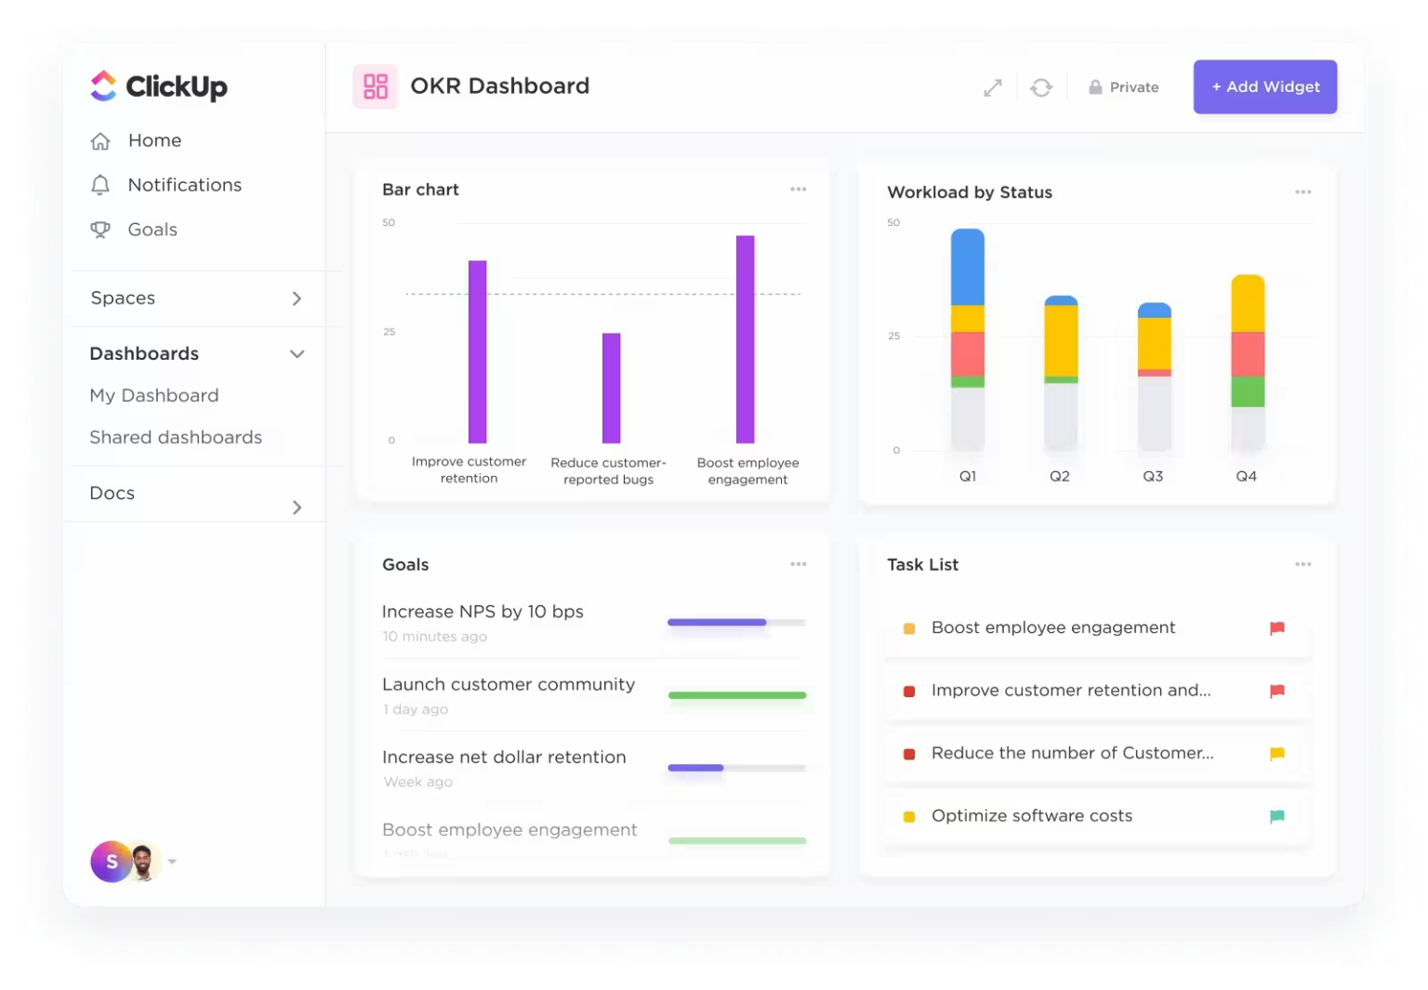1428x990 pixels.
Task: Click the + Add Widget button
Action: [x=1264, y=86]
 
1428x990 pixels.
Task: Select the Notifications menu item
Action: [x=184, y=185]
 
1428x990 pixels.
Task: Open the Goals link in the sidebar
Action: [x=152, y=230]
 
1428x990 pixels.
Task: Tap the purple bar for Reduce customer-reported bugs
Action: [x=611, y=388]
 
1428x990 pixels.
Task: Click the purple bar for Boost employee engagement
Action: [x=745, y=339]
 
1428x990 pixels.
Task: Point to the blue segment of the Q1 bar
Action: [x=967, y=268]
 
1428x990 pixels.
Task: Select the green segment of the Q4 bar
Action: [x=1247, y=391]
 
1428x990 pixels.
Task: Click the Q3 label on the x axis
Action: [x=1152, y=476]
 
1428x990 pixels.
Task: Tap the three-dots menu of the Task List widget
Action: [x=1302, y=564]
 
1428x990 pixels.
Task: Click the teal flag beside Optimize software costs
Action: [x=1276, y=816]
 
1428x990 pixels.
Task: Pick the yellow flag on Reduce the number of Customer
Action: [x=1276, y=754]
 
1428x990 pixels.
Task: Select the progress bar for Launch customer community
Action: [x=736, y=695]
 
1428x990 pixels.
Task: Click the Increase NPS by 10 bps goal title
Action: [x=483, y=612]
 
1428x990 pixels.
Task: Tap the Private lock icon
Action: [x=1095, y=87]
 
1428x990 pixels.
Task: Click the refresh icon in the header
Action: [x=1040, y=87]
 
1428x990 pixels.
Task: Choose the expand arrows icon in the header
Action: [x=992, y=87]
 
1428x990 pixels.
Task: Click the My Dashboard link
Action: [x=154, y=395]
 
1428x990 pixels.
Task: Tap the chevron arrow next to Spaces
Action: [x=297, y=298]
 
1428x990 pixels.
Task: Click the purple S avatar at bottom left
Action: [x=111, y=862]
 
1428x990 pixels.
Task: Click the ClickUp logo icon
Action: [x=103, y=86]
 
